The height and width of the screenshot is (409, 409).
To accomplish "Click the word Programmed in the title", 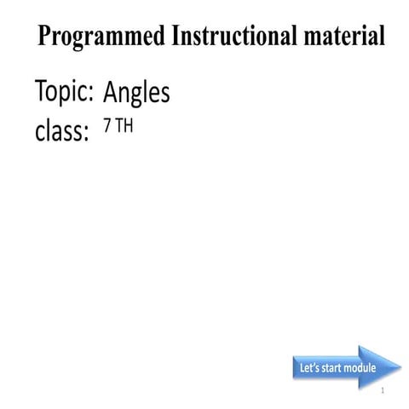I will (x=102, y=37).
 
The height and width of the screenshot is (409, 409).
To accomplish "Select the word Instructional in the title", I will (x=235, y=37).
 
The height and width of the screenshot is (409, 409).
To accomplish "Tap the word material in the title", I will (x=342, y=37).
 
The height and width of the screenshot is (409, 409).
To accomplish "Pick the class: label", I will (x=61, y=133).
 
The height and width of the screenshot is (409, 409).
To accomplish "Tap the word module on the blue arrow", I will (x=361, y=369).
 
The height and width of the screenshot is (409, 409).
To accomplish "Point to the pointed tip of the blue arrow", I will (x=400, y=368).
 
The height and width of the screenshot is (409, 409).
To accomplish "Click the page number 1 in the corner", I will (x=384, y=391).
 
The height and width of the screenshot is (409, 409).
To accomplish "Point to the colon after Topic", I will (x=89, y=95).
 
